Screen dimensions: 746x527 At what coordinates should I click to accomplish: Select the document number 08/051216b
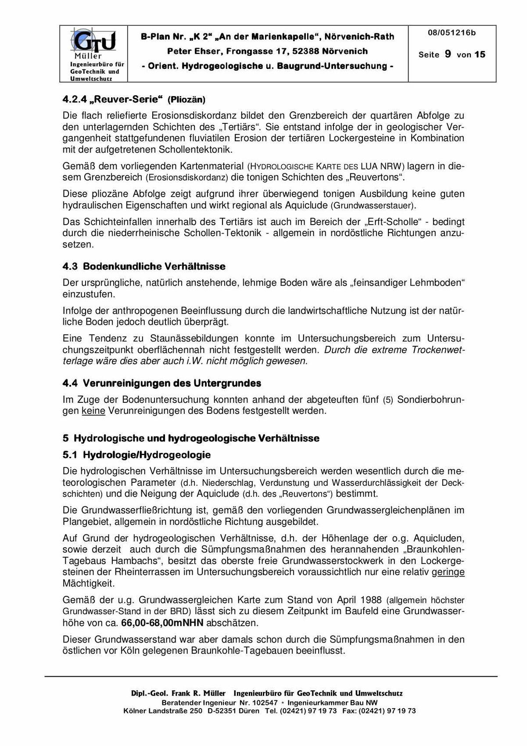point(452,33)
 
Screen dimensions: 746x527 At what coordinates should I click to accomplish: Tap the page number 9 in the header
point(448,54)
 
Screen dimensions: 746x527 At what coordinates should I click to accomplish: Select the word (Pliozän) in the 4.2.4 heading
point(186,100)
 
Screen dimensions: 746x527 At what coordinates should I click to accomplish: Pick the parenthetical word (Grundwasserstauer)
point(373,205)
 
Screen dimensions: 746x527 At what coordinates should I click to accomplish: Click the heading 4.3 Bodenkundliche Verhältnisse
point(144,266)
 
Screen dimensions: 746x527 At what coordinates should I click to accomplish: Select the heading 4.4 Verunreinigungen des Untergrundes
point(161,383)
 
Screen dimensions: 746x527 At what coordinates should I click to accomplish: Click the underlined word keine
point(93,411)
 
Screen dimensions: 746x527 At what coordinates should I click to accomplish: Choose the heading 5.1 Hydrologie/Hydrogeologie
point(136,455)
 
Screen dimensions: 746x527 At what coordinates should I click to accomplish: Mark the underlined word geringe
point(448,572)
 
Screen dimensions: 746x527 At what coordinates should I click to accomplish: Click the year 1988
point(371,600)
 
